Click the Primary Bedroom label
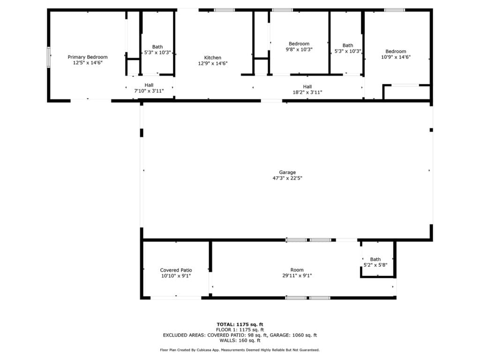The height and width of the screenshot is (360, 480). coord(87,57)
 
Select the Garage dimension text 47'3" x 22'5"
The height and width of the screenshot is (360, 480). coord(287,178)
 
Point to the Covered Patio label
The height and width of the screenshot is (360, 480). coord(176,270)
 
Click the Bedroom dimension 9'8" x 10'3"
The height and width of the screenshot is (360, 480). coord(299,49)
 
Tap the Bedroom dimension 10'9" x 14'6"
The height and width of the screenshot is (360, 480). coord(396,57)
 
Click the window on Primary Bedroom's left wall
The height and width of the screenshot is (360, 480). coord(48,58)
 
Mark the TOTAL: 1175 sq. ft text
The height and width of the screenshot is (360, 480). coord(240,324)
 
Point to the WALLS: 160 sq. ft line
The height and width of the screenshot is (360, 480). coord(240,341)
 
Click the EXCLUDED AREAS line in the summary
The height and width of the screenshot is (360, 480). coord(240,335)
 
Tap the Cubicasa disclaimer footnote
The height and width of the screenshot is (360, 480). coord(240,350)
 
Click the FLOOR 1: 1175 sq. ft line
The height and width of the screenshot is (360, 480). coord(240,330)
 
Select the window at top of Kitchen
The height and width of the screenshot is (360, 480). coord(224,10)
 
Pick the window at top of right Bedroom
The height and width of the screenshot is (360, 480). coord(394,10)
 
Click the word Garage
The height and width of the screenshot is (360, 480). coord(287,172)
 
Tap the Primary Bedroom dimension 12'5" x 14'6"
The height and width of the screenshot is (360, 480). coord(87,62)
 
